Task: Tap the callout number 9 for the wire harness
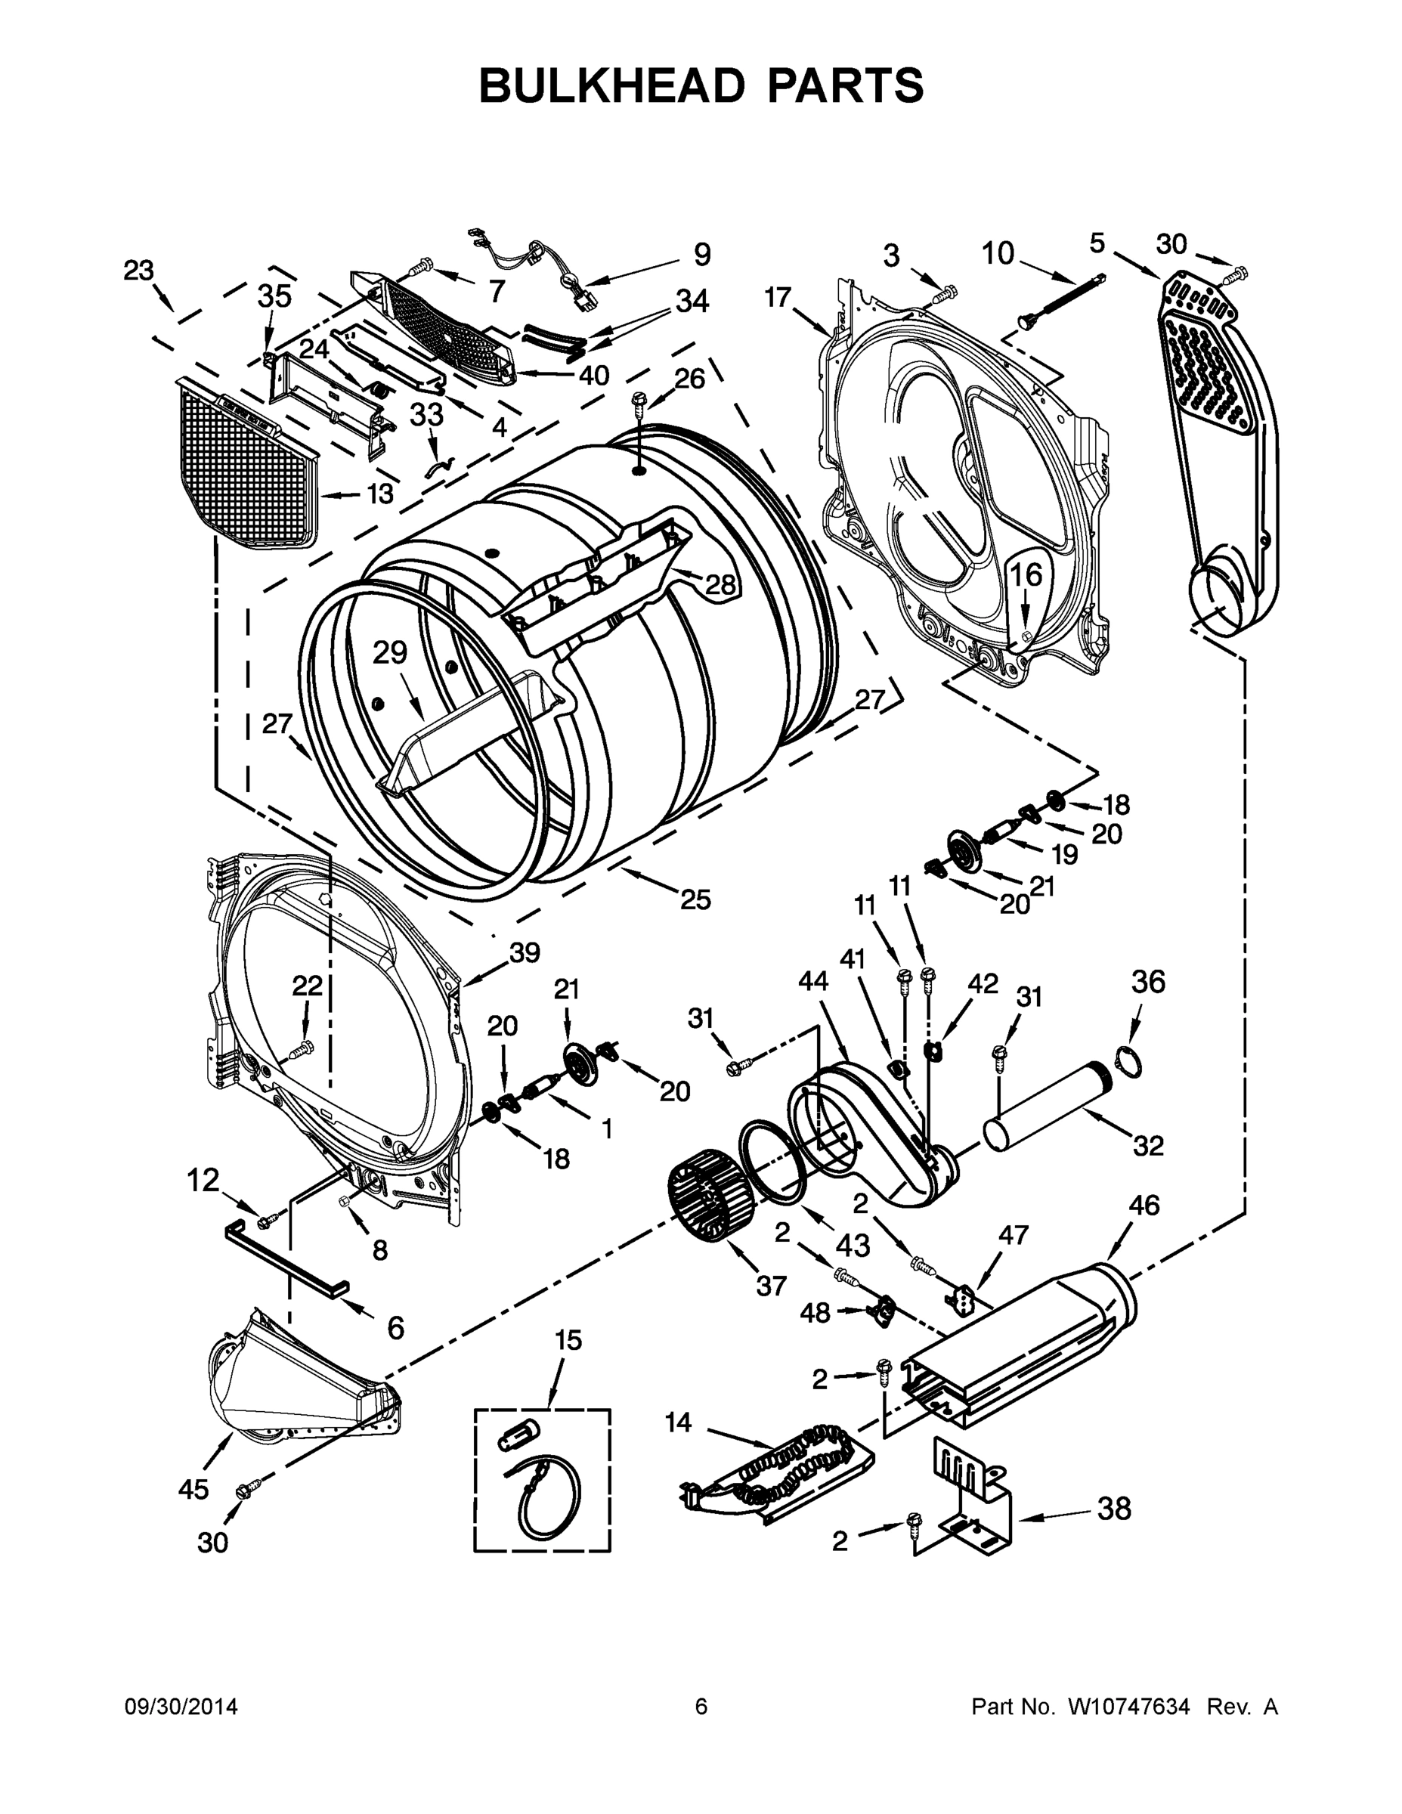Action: tap(702, 255)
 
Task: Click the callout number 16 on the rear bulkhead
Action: tap(1026, 574)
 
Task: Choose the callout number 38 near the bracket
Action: tap(1114, 1509)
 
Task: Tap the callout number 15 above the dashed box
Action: tap(569, 1341)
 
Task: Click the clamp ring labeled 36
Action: tap(1127, 1060)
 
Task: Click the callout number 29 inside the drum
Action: tap(389, 653)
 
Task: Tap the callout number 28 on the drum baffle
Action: tap(720, 585)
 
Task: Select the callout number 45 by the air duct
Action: tap(193, 1489)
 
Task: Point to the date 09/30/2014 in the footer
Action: tap(181, 1707)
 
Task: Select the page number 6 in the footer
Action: tap(701, 1707)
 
